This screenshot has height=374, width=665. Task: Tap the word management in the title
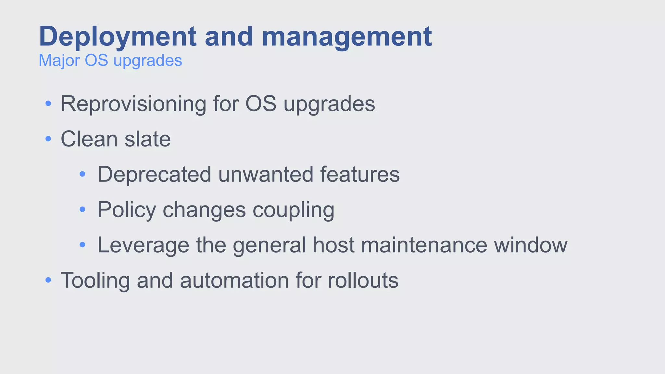[x=346, y=37]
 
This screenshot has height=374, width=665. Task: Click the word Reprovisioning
[x=133, y=104]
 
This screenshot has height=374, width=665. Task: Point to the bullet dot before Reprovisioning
[x=48, y=104]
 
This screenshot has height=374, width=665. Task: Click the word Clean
[x=89, y=139]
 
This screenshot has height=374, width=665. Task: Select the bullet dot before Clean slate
[x=48, y=139]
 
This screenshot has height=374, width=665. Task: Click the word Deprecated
[x=154, y=174]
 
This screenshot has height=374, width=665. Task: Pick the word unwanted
[x=265, y=174]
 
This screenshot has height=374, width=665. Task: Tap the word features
[x=360, y=174]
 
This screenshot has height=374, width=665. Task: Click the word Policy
[x=127, y=210]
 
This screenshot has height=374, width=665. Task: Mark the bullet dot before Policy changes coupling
[x=82, y=210]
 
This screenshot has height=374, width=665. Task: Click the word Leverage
[x=143, y=245]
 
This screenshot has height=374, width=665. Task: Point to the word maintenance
[x=424, y=245]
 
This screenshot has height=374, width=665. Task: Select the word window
[x=531, y=245]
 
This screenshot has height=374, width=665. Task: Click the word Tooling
[x=95, y=280]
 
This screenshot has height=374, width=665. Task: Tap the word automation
[x=234, y=280]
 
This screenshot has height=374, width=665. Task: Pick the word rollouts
[x=363, y=280]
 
